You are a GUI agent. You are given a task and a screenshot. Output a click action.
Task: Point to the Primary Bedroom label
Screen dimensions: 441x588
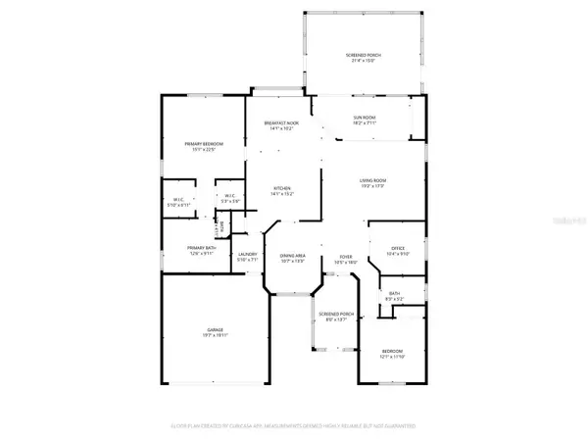pyautogui.click(x=205, y=144)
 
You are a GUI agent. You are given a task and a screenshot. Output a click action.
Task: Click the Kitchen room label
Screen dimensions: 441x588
pyautogui.click(x=281, y=188)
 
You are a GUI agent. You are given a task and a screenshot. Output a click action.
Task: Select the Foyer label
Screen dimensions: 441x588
pyautogui.click(x=346, y=256)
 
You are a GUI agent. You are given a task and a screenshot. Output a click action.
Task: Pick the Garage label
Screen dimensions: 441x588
pyautogui.click(x=215, y=329)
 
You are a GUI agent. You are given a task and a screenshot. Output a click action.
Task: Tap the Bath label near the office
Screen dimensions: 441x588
pyautogui.click(x=394, y=292)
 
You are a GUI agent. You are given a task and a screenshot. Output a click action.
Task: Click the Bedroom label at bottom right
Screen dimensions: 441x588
pyautogui.click(x=390, y=353)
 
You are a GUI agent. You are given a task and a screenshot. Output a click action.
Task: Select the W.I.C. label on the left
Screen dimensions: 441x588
pyautogui.click(x=179, y=200)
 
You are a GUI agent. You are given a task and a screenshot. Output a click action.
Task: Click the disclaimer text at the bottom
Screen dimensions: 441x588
pyautogui.click(x=294, y=426)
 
